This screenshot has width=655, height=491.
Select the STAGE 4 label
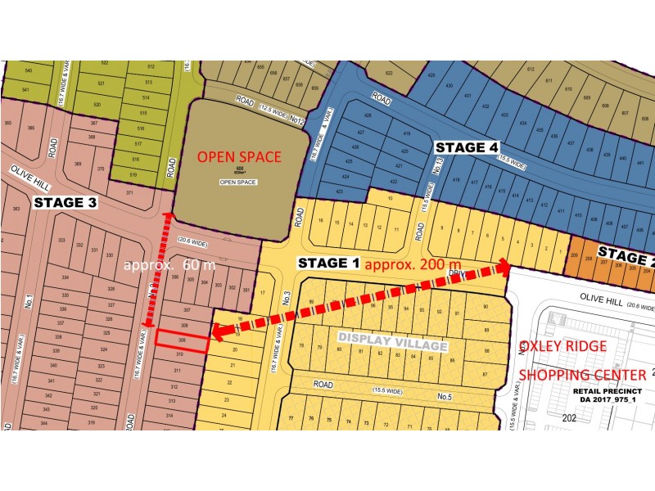coord(466,147)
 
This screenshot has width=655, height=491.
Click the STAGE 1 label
coord(327,263)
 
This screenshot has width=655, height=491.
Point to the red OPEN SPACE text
coord(239,157)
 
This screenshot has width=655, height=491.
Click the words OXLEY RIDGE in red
coord(564,346)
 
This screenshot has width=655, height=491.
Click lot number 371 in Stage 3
coord(129,192)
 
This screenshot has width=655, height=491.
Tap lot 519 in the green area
coord(133,175)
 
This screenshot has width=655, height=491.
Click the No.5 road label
coord(444,397)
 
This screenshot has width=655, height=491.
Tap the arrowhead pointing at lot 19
coord(215,332)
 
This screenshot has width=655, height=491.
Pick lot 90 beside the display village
coord(485,307)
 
